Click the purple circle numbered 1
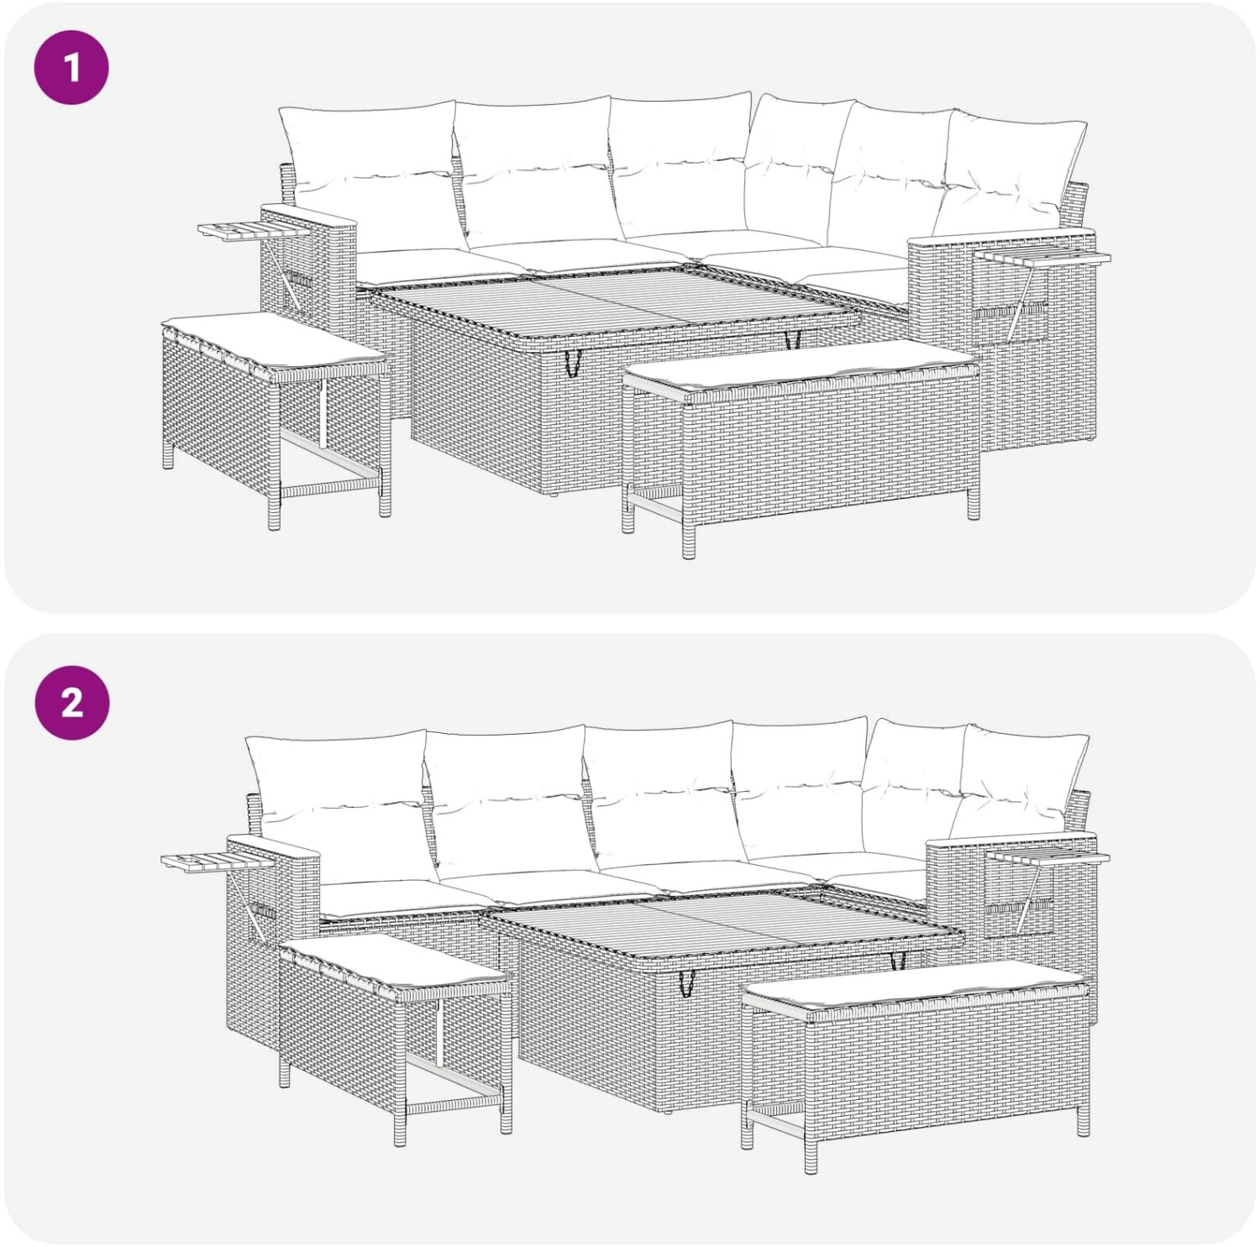[71, 67]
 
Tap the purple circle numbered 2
[71, 702]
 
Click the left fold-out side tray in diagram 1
[235, 231]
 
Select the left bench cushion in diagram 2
[395, 963]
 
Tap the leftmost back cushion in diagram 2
[340, 806]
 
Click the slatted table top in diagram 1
[613, 302]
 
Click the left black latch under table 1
[575, 362]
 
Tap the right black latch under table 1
[790, 340]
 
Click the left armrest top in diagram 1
[309, 214]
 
